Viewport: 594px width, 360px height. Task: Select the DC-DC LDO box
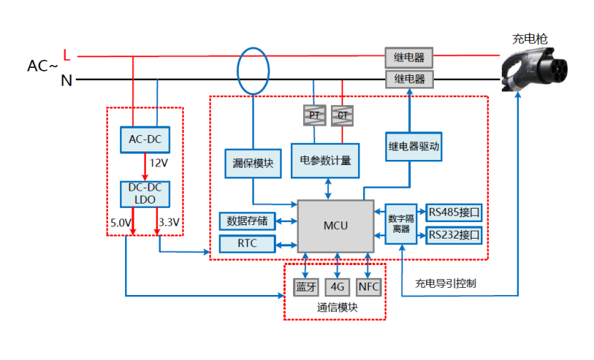pyautogui.click(x=145, y=193)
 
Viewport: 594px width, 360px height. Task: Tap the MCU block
pyautogui.click(x=335, y=226)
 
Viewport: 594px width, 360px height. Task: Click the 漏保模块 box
pyautogui.click(x=253, y=162)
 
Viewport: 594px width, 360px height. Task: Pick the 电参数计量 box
pyautogui.click(x=325, y=161)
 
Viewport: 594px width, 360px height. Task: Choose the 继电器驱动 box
pyautogui.click(x=413, y=147)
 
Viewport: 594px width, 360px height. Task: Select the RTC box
pyautogui.click(x=247, y=243)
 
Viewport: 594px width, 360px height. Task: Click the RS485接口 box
pyautogui.click(x=455, y=211)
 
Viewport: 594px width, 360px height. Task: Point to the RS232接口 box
pyautogui.click(x=455, y=235)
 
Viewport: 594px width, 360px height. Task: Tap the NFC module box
pyautogui.click(x=368, y=287)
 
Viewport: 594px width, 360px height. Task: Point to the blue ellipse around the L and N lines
pyautogui.click(x=254, y=70)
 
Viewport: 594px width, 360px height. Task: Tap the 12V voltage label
pyautogui.click(x=158, y=164)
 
